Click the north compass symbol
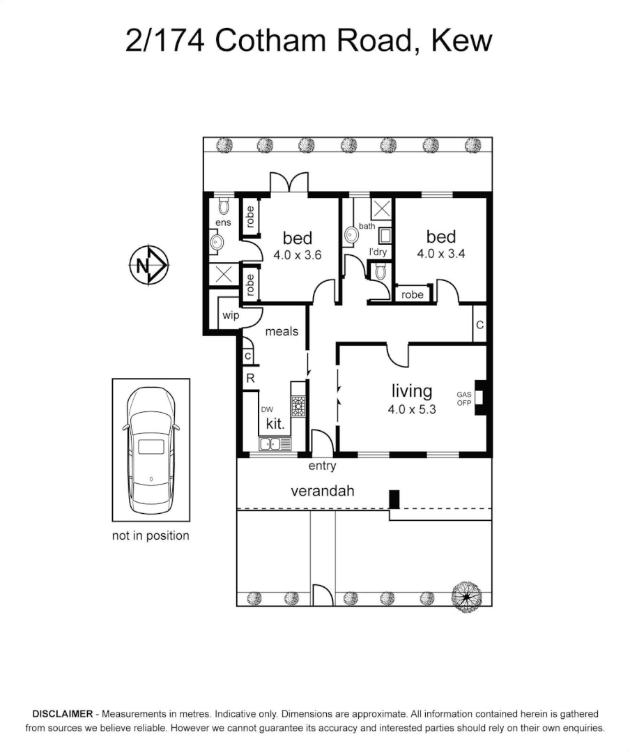[x=148, y=266]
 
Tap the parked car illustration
[x=151, y=449]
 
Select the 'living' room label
[x=411, y=391]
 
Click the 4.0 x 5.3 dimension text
[x=412, y=409]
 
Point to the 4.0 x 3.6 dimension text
[x=297, y=255]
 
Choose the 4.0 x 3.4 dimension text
[x=440, y=254]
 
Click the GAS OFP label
[x=464, y=398]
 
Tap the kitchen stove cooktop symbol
[x=298, y=406]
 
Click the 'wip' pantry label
[x=231, y=316]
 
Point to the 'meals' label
[x=282, y=331]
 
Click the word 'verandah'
[x=322, y=491]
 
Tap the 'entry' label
[x=322, y=466]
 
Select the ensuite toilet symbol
[x=224, y=206]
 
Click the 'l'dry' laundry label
[x=378, y=252]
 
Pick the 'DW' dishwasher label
[x=267, y=410]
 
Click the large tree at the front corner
[x=466, y=596]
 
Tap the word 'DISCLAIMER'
[x=62, y=714]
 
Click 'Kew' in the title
[x=462, y=40]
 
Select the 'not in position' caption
[x=151, y=535]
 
